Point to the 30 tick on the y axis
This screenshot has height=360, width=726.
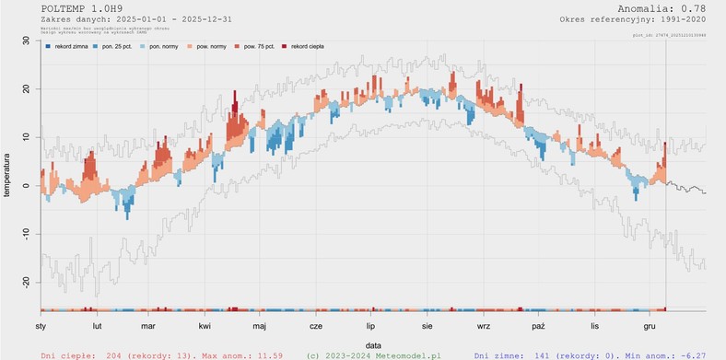[x=25, y=41]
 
